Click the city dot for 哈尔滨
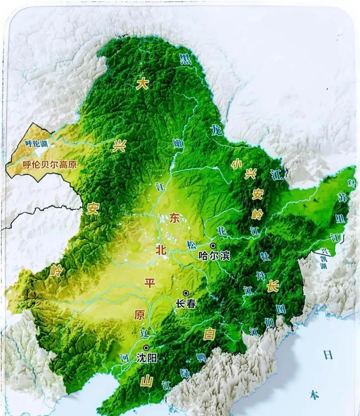(213, 246)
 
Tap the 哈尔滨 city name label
(214, 256)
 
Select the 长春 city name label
(186, 304)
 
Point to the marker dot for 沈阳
(146, 348)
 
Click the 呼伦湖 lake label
(36, 143)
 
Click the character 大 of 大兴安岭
(142, 84)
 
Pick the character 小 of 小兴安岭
(236, 164)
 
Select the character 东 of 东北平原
(174, 218)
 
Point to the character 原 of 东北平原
(140, 315)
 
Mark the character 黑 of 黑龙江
(186, 59)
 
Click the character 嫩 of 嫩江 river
(178, 143)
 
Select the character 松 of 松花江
(191, 245)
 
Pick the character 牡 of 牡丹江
(265, 256)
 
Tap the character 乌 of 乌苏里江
(351, 184)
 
